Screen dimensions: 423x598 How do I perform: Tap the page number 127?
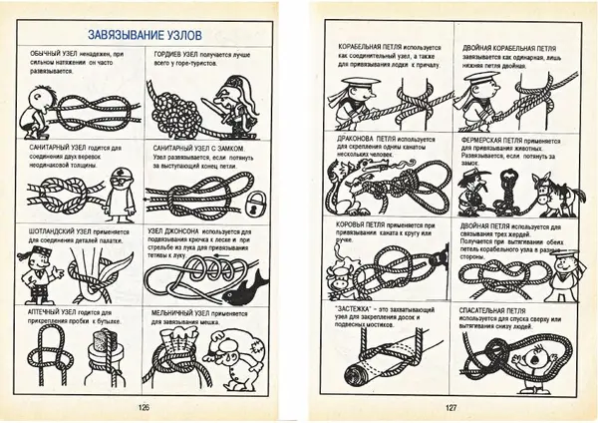tap(451, 406)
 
